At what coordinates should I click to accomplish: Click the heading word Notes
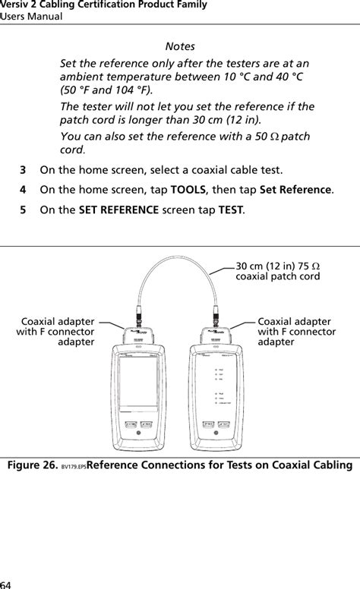(x=179, y=46)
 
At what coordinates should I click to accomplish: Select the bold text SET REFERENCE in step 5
(x=118, y=209)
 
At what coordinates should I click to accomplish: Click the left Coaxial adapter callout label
(x=58, y=332)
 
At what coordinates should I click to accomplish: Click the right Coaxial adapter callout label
(x=296, y=332)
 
